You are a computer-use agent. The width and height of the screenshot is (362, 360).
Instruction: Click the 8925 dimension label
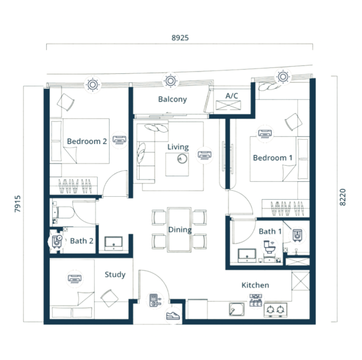tap(180, 38)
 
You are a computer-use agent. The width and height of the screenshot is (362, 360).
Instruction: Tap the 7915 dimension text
tap(18, 204)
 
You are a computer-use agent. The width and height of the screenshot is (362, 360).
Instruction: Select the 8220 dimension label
tap(343, 197)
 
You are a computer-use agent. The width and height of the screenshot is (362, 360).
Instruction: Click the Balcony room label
tap(173, 100)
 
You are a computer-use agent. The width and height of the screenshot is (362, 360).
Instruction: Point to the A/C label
tap(231, 95)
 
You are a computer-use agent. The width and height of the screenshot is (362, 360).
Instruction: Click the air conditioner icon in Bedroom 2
tap(119, 140)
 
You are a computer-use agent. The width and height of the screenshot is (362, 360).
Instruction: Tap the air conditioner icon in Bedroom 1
tap(265, 134)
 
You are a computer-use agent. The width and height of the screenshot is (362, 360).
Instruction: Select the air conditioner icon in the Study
tap(74, 279)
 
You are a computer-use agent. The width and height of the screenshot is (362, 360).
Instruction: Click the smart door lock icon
tap(155, 300)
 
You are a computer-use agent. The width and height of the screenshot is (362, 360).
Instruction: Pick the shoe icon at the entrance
tap(173, 316)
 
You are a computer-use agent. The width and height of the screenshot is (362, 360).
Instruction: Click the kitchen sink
tap(237, 309)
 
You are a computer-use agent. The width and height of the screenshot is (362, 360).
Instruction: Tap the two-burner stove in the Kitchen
tap(276, 310)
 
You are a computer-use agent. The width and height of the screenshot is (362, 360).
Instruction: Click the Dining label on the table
tap(180, 230)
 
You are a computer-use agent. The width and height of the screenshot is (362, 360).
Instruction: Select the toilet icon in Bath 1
tap(270, 247)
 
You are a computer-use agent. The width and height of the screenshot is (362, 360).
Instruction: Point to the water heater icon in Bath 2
tap(57, 242)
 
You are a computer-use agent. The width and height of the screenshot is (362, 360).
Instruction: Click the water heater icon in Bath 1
tap(297, 235)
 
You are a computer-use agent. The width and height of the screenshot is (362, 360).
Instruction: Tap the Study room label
tap(115, 275)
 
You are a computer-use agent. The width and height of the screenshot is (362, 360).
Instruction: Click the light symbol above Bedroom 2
tap(93, 85)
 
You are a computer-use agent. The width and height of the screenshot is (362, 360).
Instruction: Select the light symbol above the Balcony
tap(170, 81)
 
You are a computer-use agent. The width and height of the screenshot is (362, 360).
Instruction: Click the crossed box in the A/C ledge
tap(228, 106)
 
